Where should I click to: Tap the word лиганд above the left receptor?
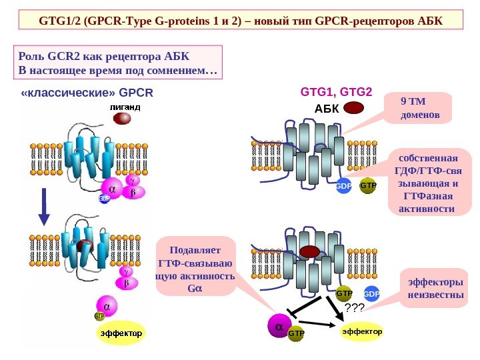(x=125, y=107)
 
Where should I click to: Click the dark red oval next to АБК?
(x=354, y=108)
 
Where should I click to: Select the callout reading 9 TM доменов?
(x=419, y=109)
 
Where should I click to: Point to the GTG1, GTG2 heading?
(x=337, y=91)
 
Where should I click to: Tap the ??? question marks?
(x=354, y=307)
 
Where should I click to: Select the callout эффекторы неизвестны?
(x=435, y=288)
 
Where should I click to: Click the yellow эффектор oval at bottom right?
(x=362, y=331)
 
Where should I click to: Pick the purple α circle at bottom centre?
(x=279, y=327)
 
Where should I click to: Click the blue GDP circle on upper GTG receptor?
(x=344, y=186)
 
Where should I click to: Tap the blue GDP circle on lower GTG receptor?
(x=371, y=294)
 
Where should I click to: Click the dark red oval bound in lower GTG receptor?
(x=311, y=251)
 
